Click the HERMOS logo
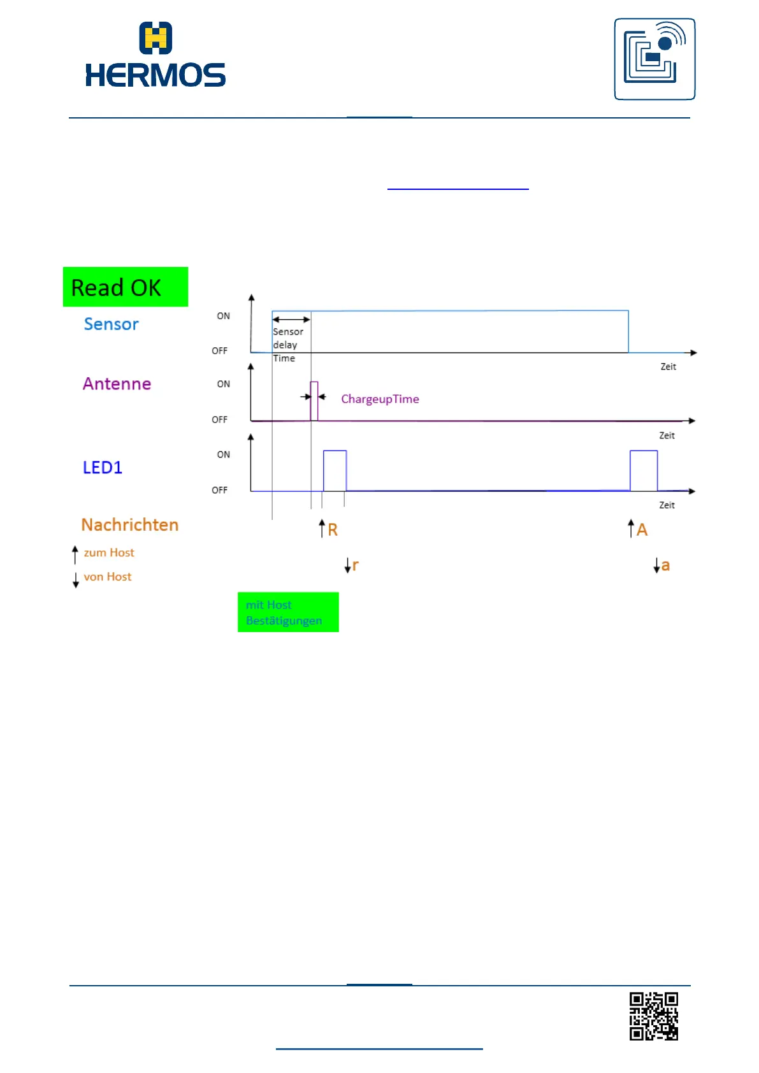pos(155,55)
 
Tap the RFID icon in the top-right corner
pos(654,59)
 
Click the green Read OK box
pos(126,287)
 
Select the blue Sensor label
pos(112,324)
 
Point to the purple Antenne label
pos(117,384)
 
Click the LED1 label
pos(103,468)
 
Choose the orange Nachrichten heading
pos(130,525)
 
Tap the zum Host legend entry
pos(108,553)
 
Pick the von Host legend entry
pos(107,577)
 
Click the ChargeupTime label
pos(380,400)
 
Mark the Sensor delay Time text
pos(287,345)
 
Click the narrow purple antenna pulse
pos(314,401)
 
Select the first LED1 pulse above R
pos(335,470)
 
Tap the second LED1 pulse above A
pos(644,470)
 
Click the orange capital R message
pos(332,529)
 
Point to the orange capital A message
pos(642,529)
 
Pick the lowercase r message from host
pos(355,565)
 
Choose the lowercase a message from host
pos(665,565)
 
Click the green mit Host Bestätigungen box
pos(288,612)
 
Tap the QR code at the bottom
pos(654,1016)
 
